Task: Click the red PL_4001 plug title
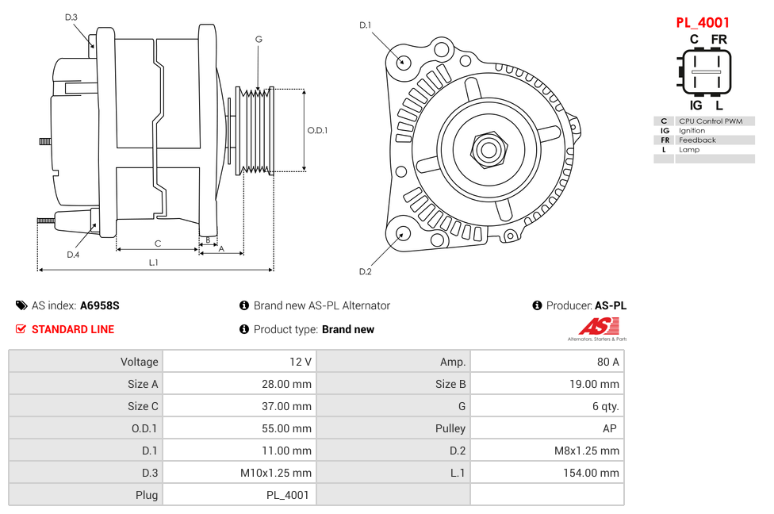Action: click(702, 23)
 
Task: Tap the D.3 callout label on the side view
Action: click(71, 17)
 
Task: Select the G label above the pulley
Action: click(259, 40)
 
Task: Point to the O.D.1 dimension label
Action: click(317, 130)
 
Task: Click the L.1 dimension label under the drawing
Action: click(154, 262)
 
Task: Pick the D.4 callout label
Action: click(73, 255)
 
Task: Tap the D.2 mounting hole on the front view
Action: click(403, 233)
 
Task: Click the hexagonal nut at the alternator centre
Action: click(489, 148)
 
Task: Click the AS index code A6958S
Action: click(99, 305)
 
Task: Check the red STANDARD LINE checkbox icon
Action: click(21, 329)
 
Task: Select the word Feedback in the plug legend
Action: click(697, 140)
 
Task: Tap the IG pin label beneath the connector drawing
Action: click(695, 105)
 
